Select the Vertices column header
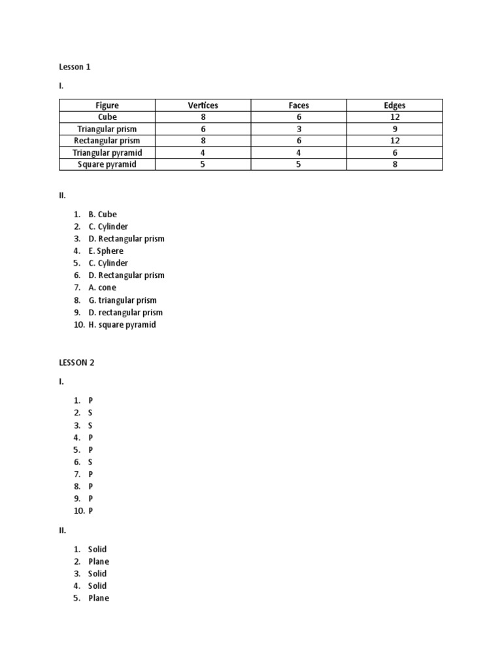[203, 105]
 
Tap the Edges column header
[395, 105]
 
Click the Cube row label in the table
[107, 117]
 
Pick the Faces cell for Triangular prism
[299, 129]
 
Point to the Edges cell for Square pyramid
[395, 164]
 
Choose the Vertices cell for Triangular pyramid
[203, 152]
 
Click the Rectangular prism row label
[107, 141]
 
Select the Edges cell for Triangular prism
[395, 129]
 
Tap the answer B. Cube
[103, 215]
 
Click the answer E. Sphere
[105, 251]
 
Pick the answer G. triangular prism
[122, 300]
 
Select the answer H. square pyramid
[122, 325]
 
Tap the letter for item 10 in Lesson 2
[91, 511]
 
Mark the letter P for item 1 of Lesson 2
[91, 400]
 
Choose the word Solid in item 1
[97, 550]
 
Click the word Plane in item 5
[99, 599]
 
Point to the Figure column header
[107, 105]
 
